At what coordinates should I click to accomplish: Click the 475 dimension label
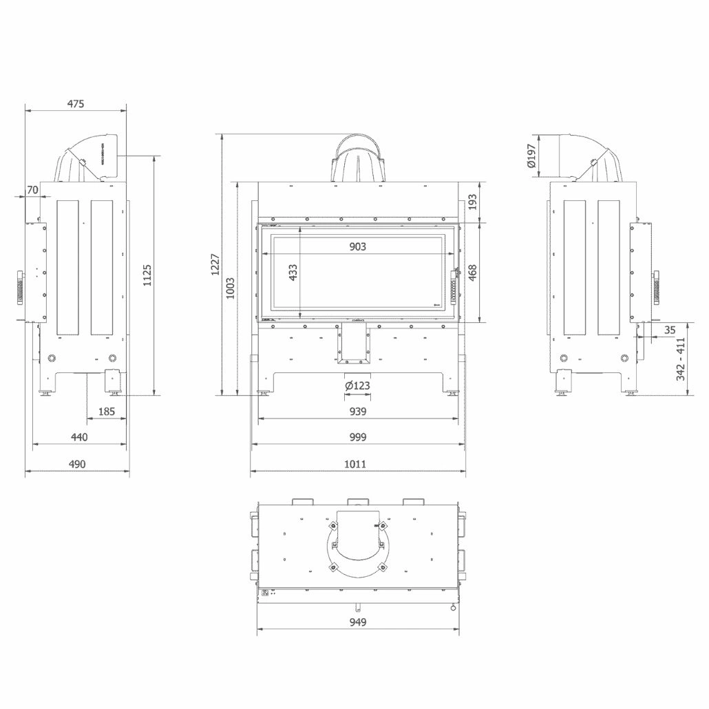pos(76,104)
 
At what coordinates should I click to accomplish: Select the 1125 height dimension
pos(147,275)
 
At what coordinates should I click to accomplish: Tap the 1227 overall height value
pos(214,265)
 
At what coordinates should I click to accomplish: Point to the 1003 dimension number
pos(230,288)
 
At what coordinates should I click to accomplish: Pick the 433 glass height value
pos(293,273)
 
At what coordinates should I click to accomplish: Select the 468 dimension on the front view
pos(472,272)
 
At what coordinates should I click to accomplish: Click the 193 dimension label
pos(472,202)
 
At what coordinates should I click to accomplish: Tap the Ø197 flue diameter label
pos(531,156)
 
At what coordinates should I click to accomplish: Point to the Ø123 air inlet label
pos(357,385)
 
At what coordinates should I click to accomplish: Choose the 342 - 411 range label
pos(681,359)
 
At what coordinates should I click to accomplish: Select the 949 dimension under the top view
pos(357,622)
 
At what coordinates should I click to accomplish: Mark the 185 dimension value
pos(106,412)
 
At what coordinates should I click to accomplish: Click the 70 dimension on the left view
pos(32,189)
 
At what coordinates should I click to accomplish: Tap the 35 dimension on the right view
pos(670,330)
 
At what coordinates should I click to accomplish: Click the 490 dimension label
pos(77,464)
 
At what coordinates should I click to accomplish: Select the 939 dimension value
pos(357,412)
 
